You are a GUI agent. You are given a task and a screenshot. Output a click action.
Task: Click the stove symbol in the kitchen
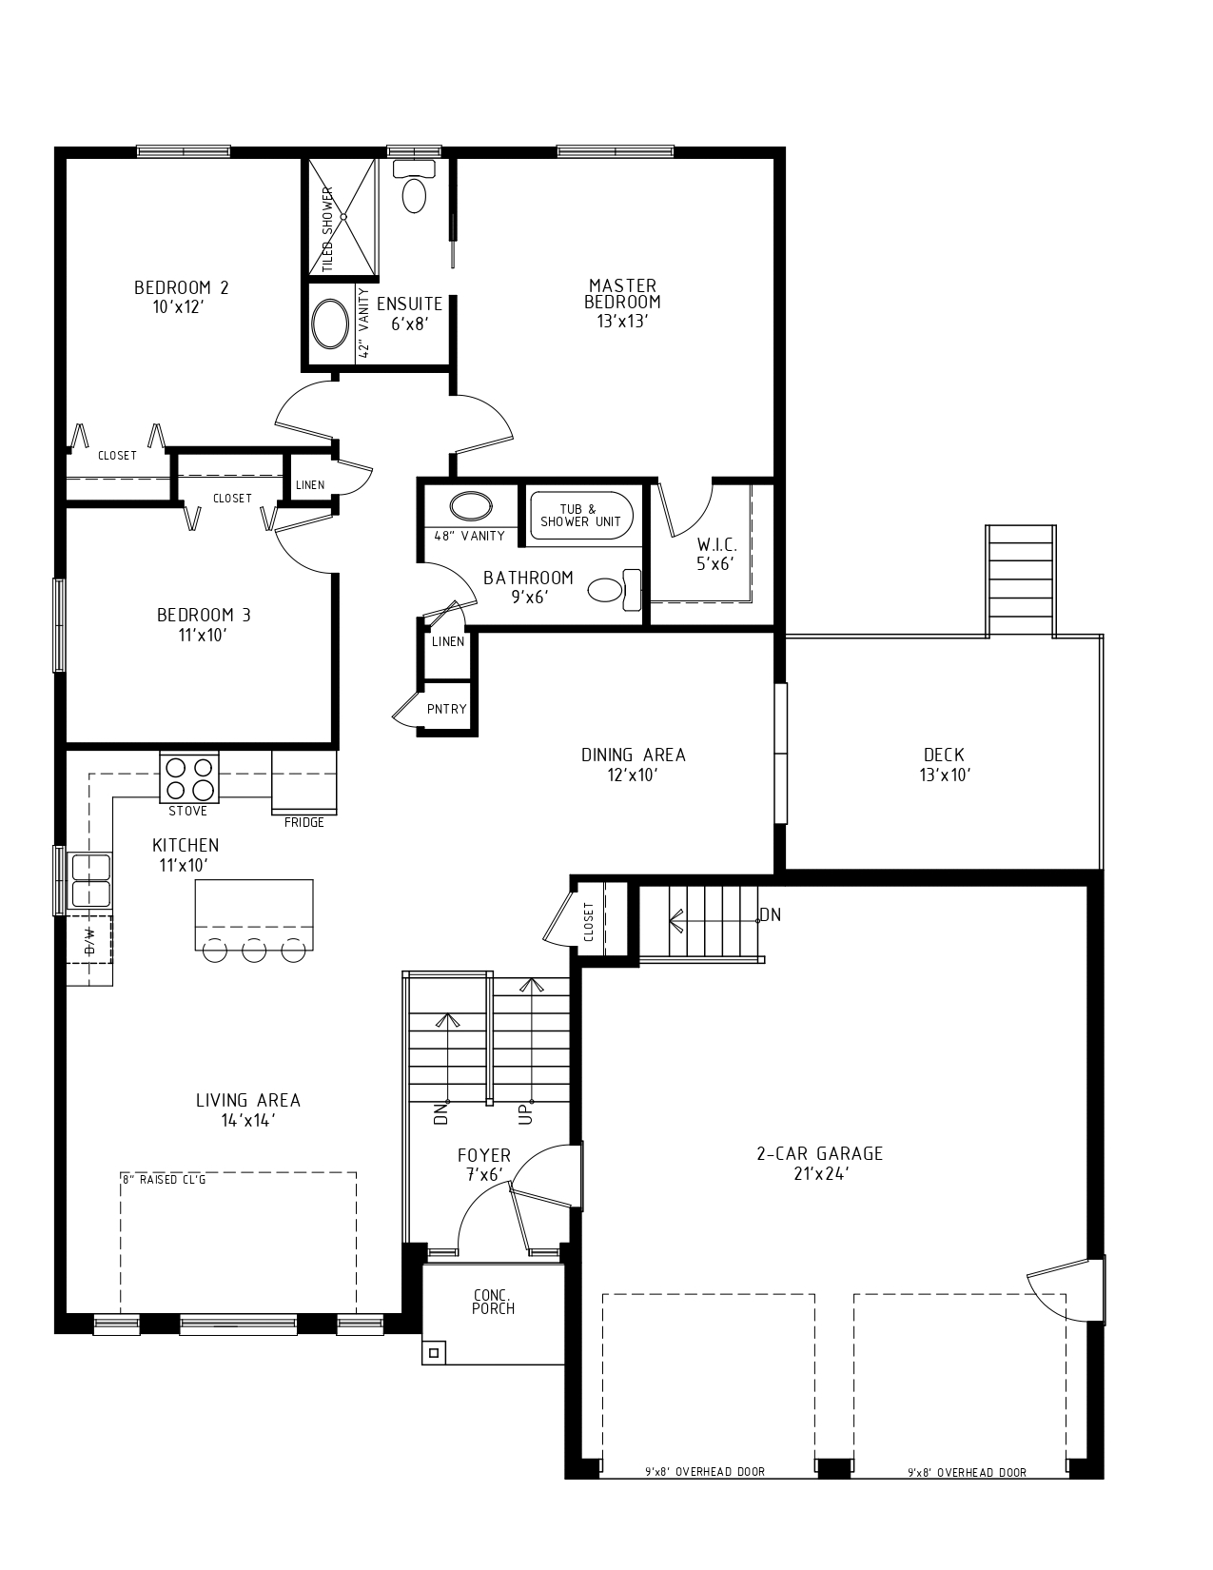(188, 777)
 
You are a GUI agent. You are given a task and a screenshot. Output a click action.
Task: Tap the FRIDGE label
(303, 822)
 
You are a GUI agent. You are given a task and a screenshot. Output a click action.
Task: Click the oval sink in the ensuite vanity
(330, 324)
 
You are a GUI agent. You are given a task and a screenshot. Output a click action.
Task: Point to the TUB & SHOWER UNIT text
(580, 516)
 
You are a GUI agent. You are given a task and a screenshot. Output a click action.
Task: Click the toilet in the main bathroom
(614, 590)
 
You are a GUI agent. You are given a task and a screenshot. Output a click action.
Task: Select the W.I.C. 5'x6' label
(716, 554)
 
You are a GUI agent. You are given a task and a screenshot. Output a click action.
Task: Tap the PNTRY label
(446, 709)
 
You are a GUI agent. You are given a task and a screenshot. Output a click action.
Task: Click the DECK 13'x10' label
(944, 764)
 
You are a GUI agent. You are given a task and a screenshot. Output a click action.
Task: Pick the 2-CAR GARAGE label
(819, 1163)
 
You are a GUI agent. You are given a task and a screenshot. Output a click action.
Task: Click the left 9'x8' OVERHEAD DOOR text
(704, 1472)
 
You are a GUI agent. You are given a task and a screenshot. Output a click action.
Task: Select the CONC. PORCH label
(493, 1302)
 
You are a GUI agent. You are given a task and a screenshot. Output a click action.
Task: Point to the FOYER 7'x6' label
(483, 1165)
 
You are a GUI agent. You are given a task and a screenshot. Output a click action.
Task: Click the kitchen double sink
(90, 879)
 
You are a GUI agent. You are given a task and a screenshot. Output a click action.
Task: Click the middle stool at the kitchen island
(253, 950)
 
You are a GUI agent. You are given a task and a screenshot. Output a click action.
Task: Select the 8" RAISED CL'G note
(164, 1180)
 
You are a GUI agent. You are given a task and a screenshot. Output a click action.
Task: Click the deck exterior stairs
(1021, 580)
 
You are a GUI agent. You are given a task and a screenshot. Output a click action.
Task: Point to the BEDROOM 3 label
(204, 624)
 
